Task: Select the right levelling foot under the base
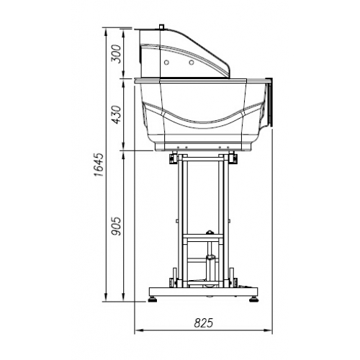click(x=253, y=296)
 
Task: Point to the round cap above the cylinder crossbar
click(x=210, y=232)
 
